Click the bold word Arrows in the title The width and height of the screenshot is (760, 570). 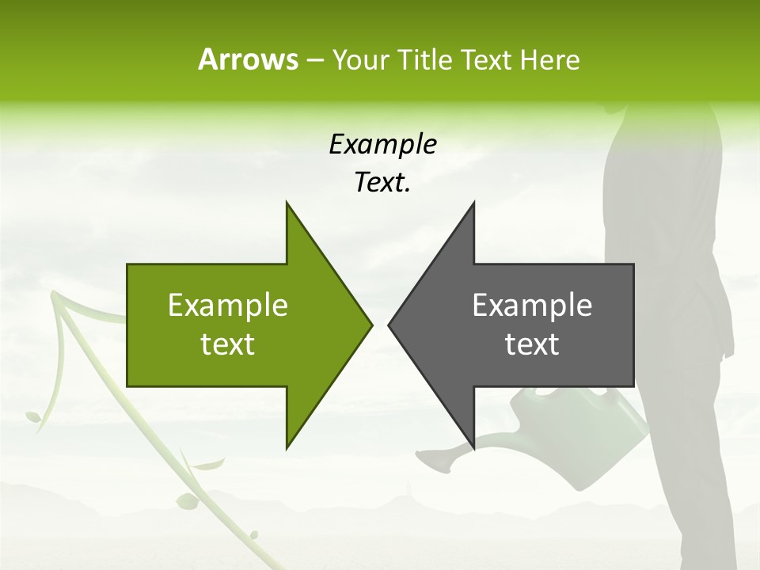tap(247, 59)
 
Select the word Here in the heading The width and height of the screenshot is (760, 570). tap(549, 60)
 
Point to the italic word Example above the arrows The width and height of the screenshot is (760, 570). tap(382, 144)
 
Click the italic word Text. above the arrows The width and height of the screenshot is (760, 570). tap(382, 183)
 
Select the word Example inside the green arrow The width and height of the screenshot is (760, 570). tap(228, 306)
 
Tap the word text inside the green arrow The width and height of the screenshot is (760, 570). tap(228, 344)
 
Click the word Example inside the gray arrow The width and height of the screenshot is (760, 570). tap(532, 306)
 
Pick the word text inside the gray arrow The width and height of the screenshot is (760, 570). tap(532, 344)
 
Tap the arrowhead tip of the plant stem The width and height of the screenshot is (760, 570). tap(55, 296)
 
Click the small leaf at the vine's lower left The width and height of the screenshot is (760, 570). tap(34, 416)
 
